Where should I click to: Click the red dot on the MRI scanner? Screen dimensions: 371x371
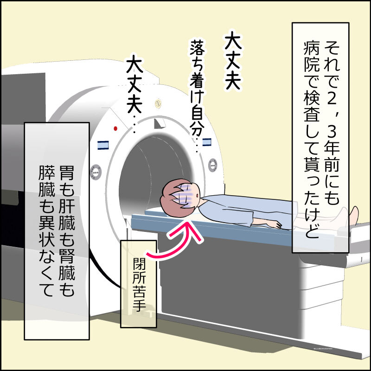click(115, 128)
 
